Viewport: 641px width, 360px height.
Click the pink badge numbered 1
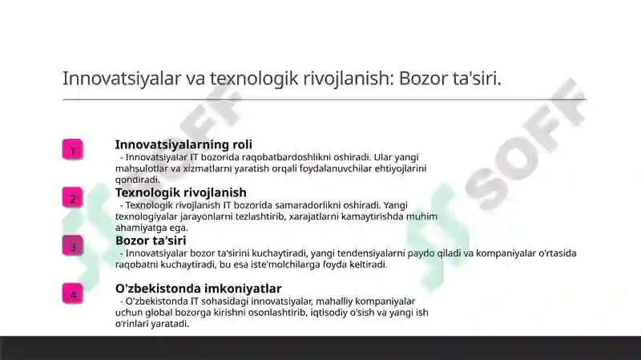coord(73,150)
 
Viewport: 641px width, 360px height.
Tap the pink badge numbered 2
coord(73,198)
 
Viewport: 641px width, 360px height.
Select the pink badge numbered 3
coord(73,247)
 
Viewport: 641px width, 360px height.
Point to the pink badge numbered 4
coord(73,295)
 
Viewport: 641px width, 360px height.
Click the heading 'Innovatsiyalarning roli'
coord(183,144)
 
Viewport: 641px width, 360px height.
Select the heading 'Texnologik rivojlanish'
coord(180,192)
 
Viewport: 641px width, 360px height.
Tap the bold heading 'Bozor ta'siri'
coord(151,241)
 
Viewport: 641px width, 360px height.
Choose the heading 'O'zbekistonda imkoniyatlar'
coord(198,289)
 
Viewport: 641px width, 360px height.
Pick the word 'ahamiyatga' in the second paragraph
coord(142,228)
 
